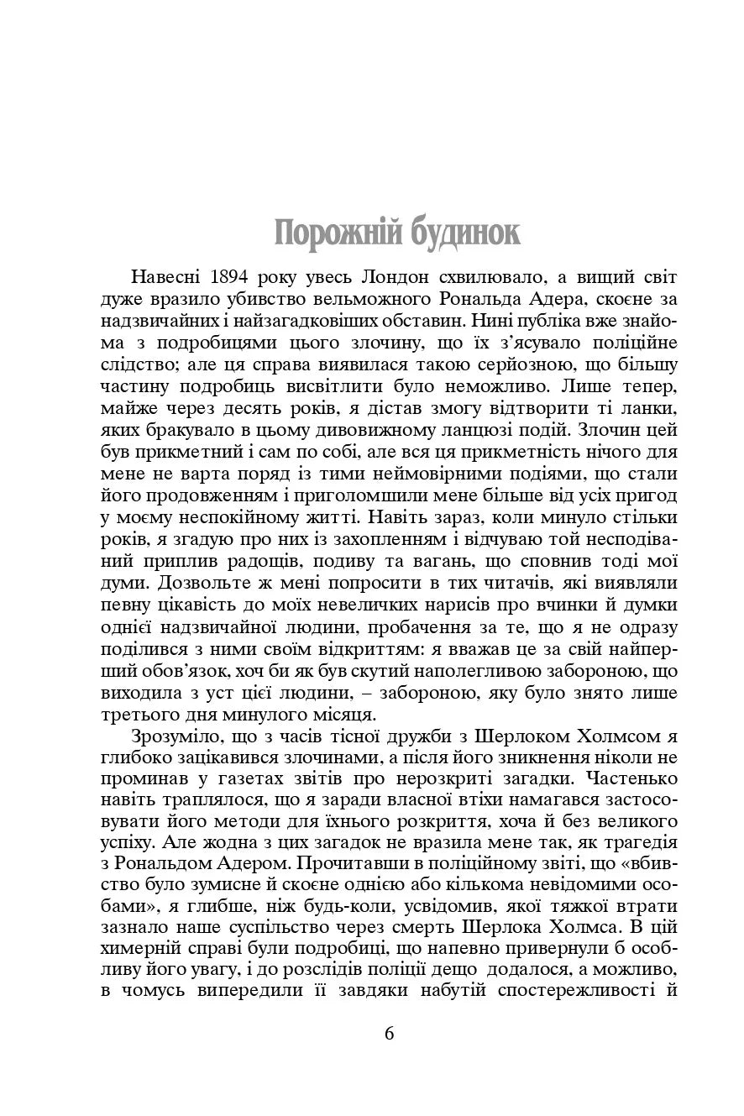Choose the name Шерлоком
point(516,736)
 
